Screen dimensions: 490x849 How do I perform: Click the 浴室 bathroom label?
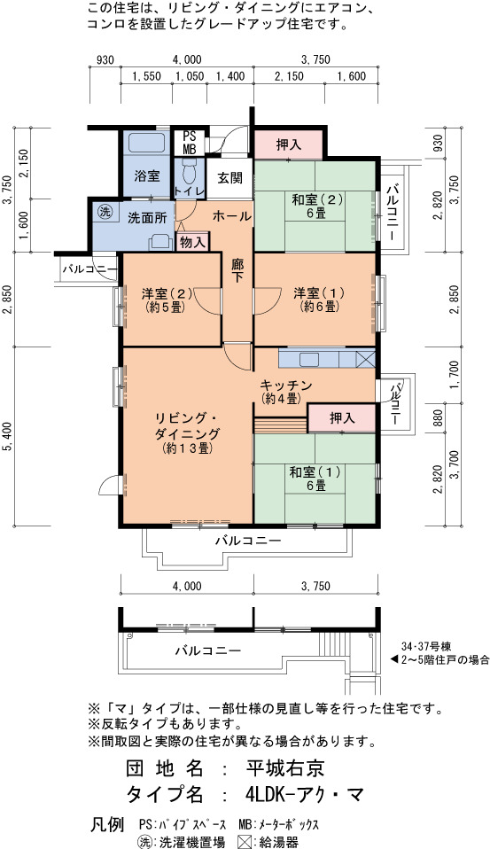147,176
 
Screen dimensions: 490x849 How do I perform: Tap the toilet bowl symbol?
189,172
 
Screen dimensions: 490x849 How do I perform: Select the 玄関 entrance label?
230,178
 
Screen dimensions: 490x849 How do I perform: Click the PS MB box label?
189,143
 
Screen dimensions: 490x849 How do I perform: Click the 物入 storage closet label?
192,243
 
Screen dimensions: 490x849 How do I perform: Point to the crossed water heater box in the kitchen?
365,359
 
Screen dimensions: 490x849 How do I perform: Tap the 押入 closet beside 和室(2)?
289,145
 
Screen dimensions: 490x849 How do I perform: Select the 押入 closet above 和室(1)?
342,418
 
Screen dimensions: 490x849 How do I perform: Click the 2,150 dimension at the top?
289,76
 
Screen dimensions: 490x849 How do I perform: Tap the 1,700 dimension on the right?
454,375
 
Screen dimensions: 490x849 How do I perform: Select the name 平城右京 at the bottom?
284,767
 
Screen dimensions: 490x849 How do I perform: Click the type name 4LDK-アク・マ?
304,794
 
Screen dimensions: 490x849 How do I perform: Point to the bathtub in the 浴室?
147,142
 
